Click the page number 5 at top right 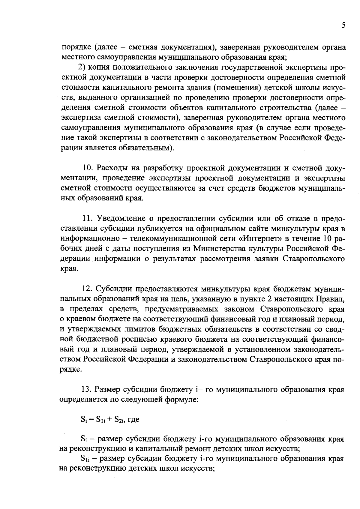(343, 25)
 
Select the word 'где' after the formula (133, 420)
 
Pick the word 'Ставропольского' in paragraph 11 (314, 259)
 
